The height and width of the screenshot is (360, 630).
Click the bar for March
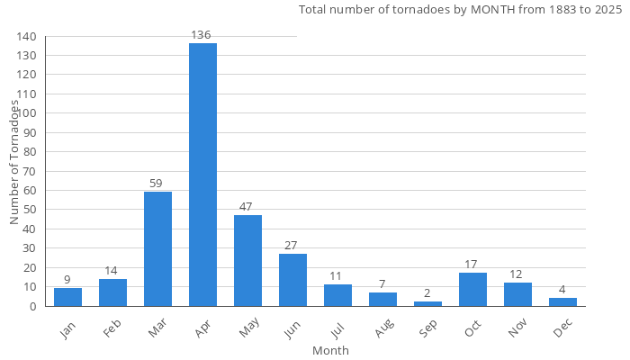pyautogui.click(x=157, y=249)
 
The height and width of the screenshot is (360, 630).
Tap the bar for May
pyautogui.click(x=247, y=261)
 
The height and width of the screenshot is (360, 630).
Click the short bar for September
pyautogui.click(x=427, y=303)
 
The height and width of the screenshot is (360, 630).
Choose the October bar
pyautogui.click(x=472, y=290)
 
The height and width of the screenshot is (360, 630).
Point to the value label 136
pyautogui.click(x=202, y=35)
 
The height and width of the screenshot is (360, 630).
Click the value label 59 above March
pyautogui.click(x=157, y=184)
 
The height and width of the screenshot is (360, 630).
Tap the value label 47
pyautogui.click(x=247, y=207)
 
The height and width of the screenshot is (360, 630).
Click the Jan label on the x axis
pyautogui.click(x=68, y=329)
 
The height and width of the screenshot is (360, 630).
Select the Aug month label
pyautogui.click(x=383, y=329)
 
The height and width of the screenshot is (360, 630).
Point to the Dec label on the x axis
pyautogui.click(x=563, y=329)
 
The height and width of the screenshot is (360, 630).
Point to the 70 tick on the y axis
pyautogui.click(x=30, y=171)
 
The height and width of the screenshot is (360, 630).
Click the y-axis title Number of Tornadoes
pyautogui.click(x=14, y=162)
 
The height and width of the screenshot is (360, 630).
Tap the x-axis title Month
pyautogui.click(x=330, y=350)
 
